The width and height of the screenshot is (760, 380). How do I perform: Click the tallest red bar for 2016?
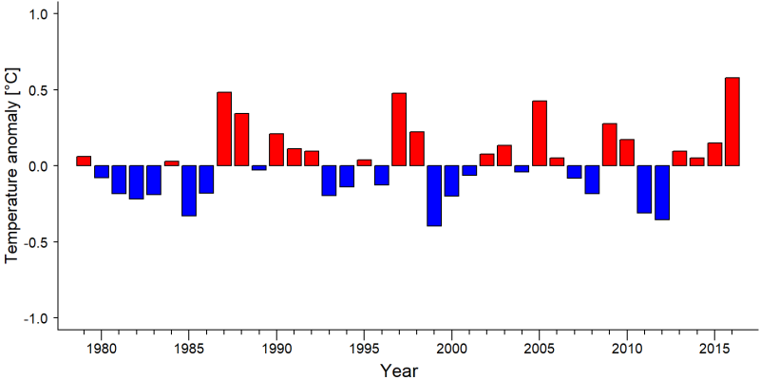pyautogui.click(x=731, y=122)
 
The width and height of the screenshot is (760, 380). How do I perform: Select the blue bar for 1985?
pyautogui.click(x=189, y=191)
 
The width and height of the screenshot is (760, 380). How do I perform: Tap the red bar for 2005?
pyautogui.click(x=540, y=133)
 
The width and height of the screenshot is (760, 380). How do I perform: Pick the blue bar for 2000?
pyautogui.click(x=452, y=180)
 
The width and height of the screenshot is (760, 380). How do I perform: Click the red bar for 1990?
pyautogui.click(x=276, y=150)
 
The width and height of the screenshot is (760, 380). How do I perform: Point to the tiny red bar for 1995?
pyautogui.click(x=364, y=162)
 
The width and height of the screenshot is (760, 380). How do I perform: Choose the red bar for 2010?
pyautogui.click(x=627, y=153)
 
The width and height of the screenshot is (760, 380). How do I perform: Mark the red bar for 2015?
pyautogui.click(x=714, y=155)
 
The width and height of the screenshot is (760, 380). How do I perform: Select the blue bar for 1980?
pyautogui.click(x=102, y=172)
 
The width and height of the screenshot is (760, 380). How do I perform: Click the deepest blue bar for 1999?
pyautogui.click(x=434, y=196)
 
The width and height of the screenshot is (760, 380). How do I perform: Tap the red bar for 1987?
pyautogui.click(x=224, y=129)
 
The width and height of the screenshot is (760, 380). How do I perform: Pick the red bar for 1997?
pyautogui.click(x=399, y=129)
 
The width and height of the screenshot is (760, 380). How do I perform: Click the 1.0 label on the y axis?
pyautogui.click(x=33, y=14)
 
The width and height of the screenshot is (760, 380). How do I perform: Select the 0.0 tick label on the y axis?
pyautogui.click(x=33, y=165)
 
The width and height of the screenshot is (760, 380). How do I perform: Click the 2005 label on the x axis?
pyautogui.click(x=540, y=349)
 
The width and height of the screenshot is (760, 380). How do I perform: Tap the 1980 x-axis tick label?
pyautogui.click(x=102, y=349)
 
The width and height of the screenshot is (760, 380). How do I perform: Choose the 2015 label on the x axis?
pyautogui.click(x=714, y=349)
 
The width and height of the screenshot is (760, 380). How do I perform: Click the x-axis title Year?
pyautogui.click(x=399, y=370)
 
